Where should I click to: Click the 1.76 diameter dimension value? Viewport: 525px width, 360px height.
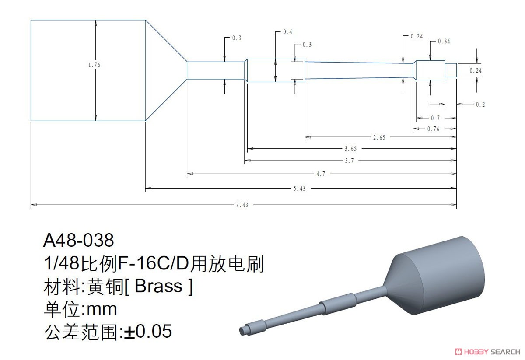[94, 65]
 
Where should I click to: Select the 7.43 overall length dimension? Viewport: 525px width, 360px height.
[242, 205]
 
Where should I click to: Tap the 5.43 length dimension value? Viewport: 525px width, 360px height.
[300, 189]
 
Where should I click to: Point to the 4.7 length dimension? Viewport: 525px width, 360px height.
[321, 174]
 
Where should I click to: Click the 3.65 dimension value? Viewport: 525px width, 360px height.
[350, 149]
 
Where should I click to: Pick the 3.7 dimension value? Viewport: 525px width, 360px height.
[349, 161]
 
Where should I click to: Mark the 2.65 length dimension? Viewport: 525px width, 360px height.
[379, 138]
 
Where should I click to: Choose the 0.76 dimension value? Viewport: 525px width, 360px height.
[433, 129]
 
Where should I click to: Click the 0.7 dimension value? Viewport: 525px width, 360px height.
[435, 118]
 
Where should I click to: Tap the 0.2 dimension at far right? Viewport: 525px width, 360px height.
[480, 105]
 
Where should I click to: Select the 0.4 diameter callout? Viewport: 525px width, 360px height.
[287, 32]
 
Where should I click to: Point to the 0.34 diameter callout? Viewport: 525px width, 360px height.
[444, 42]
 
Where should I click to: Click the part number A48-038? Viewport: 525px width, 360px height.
[78, 240]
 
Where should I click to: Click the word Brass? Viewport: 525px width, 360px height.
[159, 286]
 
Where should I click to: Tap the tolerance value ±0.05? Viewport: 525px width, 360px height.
[148, 331]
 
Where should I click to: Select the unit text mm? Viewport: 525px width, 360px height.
[101, 310]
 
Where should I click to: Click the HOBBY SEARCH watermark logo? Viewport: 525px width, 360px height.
[487, 352]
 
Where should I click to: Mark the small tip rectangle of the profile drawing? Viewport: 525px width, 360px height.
[451, 70]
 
